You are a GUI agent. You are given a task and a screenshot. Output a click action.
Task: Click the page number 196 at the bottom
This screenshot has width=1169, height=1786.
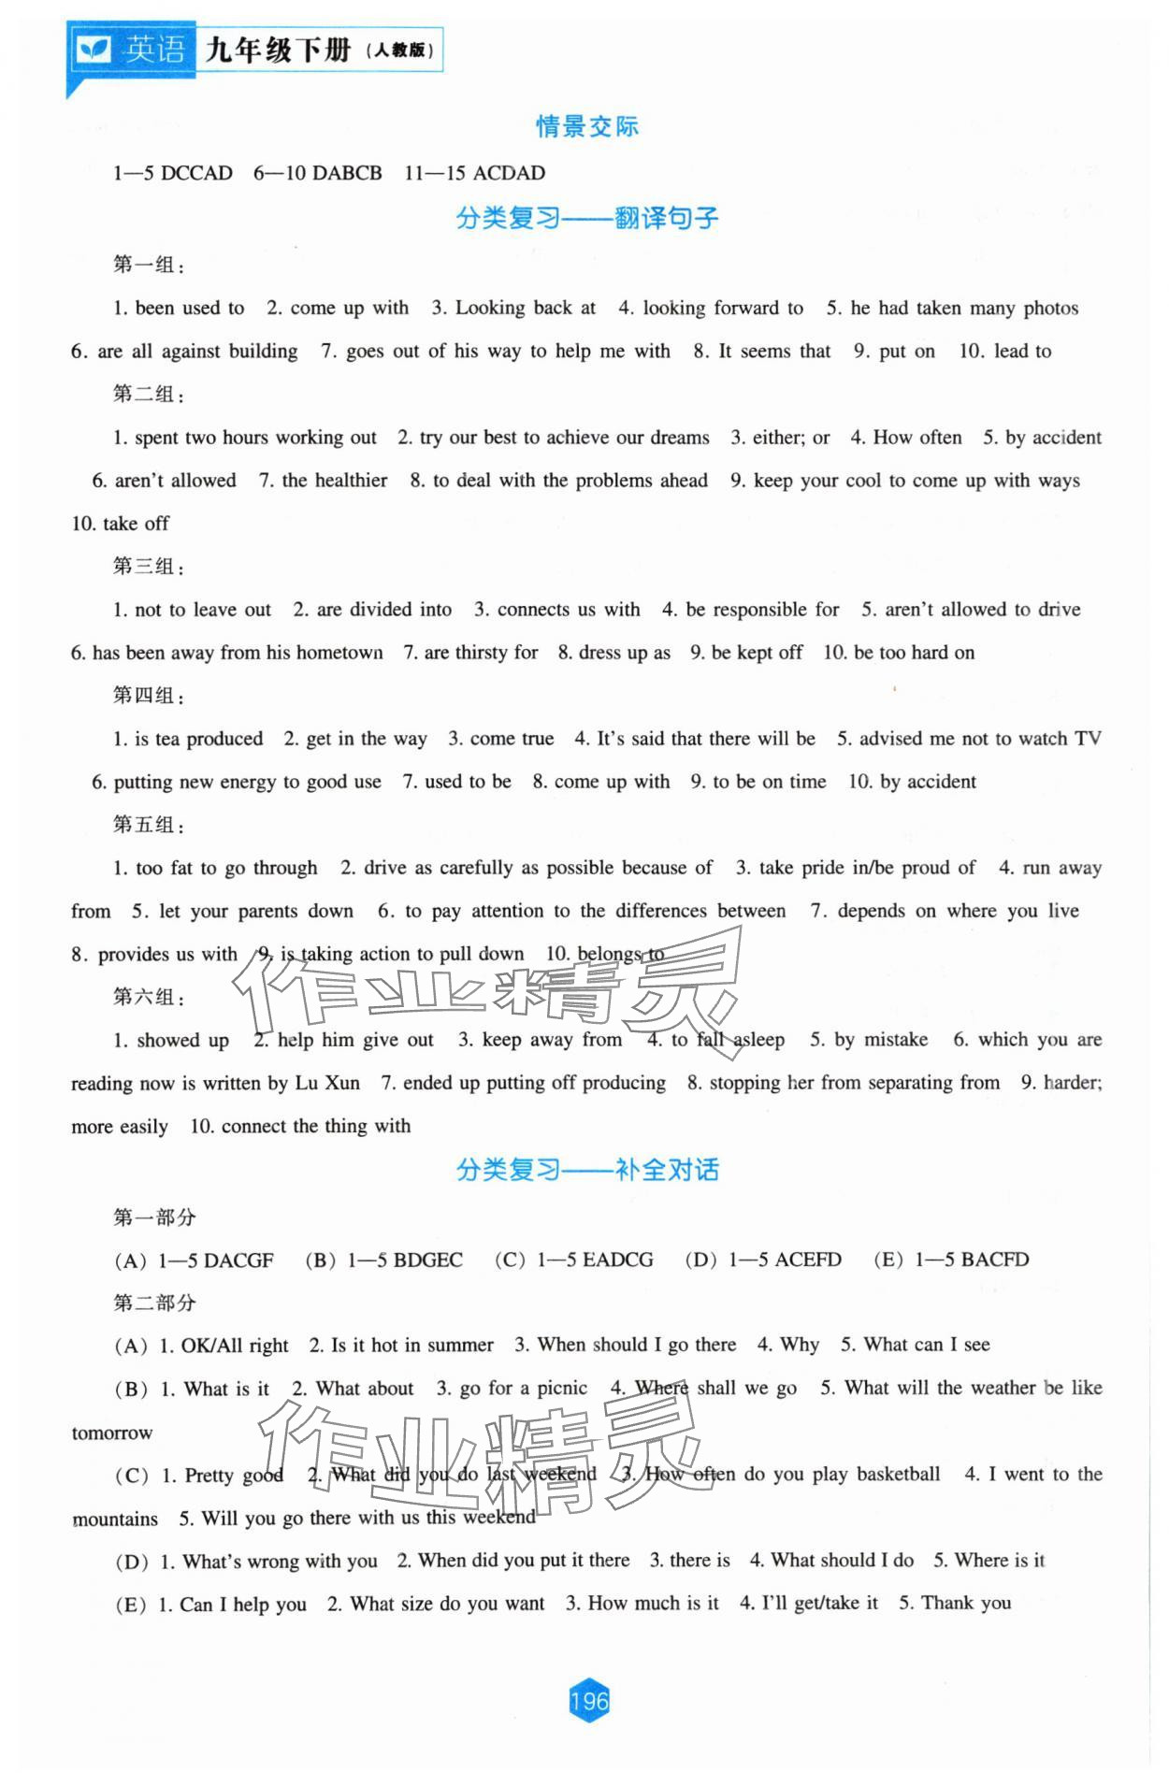click(x=588, y=1701)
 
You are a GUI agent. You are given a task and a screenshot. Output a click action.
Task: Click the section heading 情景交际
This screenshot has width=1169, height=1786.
click(x=586, y=126)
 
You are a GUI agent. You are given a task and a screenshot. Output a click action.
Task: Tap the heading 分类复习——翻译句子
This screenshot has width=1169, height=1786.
click(x=586, y=219)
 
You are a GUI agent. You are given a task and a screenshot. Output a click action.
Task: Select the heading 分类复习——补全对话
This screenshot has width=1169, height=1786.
click(x=586, y=1170)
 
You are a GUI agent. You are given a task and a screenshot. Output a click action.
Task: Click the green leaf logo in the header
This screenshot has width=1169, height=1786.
click(x=94, y=50)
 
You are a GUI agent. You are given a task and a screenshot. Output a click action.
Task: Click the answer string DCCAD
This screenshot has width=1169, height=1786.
click(x=196, y=173)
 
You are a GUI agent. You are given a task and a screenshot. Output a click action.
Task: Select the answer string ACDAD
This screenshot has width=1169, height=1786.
click(x=510, y=173)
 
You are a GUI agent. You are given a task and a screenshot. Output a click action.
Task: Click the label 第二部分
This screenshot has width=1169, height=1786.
click(x=154, y=1303)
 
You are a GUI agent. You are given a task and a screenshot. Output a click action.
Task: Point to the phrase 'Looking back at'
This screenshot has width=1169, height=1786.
click(x=525, y=309)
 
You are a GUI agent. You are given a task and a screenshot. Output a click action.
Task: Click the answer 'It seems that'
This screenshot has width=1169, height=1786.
click(x=774, y=352)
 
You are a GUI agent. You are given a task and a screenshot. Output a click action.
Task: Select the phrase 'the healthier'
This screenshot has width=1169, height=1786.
click(x=334, y=481)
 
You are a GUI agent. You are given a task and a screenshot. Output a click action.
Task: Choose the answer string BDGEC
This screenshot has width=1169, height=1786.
click(x=428, y=1260)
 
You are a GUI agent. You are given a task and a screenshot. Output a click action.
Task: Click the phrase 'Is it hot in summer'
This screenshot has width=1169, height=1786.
click(x=412, y=1346)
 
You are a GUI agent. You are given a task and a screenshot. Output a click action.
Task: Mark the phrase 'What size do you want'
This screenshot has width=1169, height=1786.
click(x=447, y=1604)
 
